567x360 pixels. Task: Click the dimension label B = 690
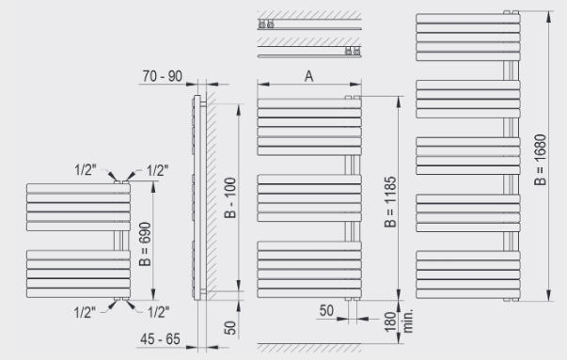145,244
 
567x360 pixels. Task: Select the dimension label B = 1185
390,202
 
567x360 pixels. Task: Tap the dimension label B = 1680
541,160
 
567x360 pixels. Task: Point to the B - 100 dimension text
230,197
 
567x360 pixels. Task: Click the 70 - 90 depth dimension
163,76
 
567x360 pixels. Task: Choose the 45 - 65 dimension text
160,339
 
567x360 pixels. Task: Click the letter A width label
308,76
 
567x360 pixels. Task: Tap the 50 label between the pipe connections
326,310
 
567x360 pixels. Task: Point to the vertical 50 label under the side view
230,328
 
